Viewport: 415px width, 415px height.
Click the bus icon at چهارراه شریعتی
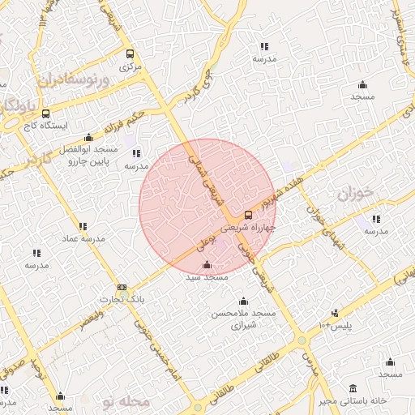coord(248,216)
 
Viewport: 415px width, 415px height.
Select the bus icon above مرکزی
coord(130,53)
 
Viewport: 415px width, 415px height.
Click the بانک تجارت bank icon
coord(122,288)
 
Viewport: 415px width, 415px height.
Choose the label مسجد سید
coord(207,277)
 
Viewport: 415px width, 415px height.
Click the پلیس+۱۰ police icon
coord(335,313)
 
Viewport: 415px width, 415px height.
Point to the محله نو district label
coord(135,400)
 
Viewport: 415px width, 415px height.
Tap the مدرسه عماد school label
coord(81,238)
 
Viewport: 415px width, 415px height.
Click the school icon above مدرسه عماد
coord(82,226)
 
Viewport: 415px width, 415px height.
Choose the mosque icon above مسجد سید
coord(207,265)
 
